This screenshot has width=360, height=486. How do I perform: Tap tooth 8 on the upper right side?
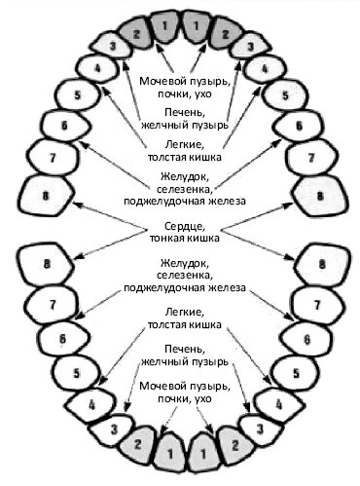click(x=320, y=196)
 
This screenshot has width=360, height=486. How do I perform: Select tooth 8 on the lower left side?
click(x=47, y=264)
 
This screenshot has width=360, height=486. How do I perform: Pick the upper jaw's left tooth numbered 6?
click(x=65, y=126)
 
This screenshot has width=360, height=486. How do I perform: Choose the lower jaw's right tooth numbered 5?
click(x=296, y=373)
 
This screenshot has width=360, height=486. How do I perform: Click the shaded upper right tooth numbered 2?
click(x=226, y=34)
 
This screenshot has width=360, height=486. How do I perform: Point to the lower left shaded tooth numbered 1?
click(x=170, y=452)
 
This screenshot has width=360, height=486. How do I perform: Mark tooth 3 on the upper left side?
click(x=112, y=46)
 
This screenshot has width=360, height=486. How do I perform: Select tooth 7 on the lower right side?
click(x=317, y=305)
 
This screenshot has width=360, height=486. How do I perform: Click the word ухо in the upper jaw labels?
click(x=203, y=94)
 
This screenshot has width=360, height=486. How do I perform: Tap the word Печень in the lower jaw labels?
click(x=185, y=350)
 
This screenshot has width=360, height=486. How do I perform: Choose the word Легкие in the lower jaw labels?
click(x=185, y=313)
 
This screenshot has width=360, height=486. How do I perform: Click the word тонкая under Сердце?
click(x=166, y=239)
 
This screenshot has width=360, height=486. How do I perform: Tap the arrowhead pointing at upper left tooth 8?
click(x=77, y=205)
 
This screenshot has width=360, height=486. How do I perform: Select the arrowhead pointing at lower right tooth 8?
click(x=290, y=258)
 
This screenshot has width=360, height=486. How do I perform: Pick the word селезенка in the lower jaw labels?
click(x=185, y=276)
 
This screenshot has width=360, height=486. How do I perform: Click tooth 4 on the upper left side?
click(x=98, y=69)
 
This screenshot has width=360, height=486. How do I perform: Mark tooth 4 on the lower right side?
click(x=279, y=404)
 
